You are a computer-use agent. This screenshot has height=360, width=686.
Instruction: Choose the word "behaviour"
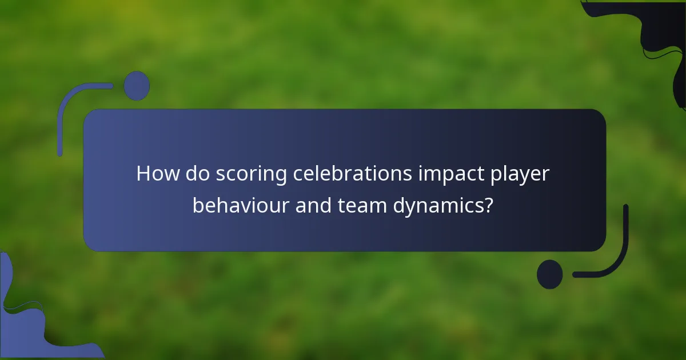(x=241, y=205)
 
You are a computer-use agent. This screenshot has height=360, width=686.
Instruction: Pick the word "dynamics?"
(x=442, y=205)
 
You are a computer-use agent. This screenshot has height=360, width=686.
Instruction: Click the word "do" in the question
(x=197, y=174)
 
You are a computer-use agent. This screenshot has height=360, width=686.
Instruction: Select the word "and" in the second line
(x=314, y=205)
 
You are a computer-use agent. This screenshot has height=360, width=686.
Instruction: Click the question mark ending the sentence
(x=488, y=205)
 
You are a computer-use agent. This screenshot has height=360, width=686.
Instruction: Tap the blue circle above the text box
(x=137, y=86)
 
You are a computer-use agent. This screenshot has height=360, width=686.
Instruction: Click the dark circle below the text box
(x=550, y=274)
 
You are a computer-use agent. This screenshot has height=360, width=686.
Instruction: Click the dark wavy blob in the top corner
(x=657, y=34)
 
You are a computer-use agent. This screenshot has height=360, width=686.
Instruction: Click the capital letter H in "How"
(x=143, y=174)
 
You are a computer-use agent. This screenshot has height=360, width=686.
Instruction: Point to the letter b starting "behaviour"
(x=197, y=205)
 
